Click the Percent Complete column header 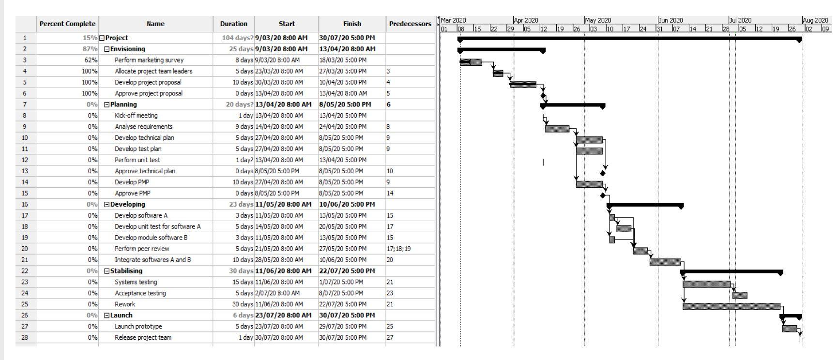pyautogui.click(x=68, y=24)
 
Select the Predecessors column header pyautogui.click(x=410, y=24)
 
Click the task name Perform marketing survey pyautogui.click(x=149, y=60)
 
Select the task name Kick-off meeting pyautogui.click(x=136, y=116)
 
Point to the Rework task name pyautogui.click(x=125, y=304)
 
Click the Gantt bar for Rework pyautogui.click(x=731, y=306)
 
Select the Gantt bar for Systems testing pyautogui.click(x=706, y=284)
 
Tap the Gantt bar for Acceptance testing pyautogui.click(x=739, y=295)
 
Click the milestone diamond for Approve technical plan pyautogui.click(x=603, y=173)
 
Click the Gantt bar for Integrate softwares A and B pyautogui.click(x=665, y=262)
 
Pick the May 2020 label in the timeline pyautogui.click(x=598, y=20)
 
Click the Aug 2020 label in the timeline pyautogui.click(x=815, y=20)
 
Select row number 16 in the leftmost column pyautogui.click(x=25, y=204)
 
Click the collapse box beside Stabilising pyautogui.click(x=107, y=271)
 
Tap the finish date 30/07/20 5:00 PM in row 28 pyautogui.click(x=342, y=338)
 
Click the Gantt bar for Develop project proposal pyautogui.click(x=522, y=84)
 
